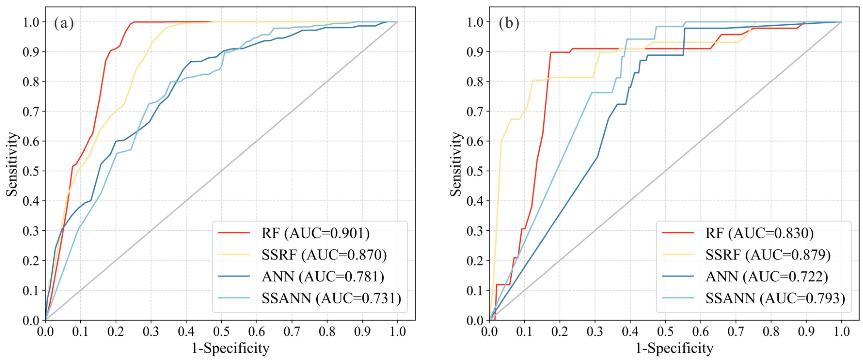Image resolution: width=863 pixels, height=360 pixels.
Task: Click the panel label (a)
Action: pos(64,24)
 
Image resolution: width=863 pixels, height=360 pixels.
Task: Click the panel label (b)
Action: pos(509,24)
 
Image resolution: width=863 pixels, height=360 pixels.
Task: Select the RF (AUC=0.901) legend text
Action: pos(315,233)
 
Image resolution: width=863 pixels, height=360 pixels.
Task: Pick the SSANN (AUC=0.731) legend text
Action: pos(331,298)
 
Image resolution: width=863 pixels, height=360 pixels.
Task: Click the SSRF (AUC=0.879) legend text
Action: pos(768,255)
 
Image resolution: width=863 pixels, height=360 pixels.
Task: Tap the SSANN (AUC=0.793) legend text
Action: pos(775,298)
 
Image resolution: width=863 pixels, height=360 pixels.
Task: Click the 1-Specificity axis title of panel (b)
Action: pos(674,348)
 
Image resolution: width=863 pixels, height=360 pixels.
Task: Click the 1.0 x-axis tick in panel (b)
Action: pos(841,332)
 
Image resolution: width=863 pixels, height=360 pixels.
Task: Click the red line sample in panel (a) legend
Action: pos(234,233)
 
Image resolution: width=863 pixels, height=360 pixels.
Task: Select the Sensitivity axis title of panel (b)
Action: pos(456,164)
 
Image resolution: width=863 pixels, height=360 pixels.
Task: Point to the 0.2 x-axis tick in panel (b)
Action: pos(560,332)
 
